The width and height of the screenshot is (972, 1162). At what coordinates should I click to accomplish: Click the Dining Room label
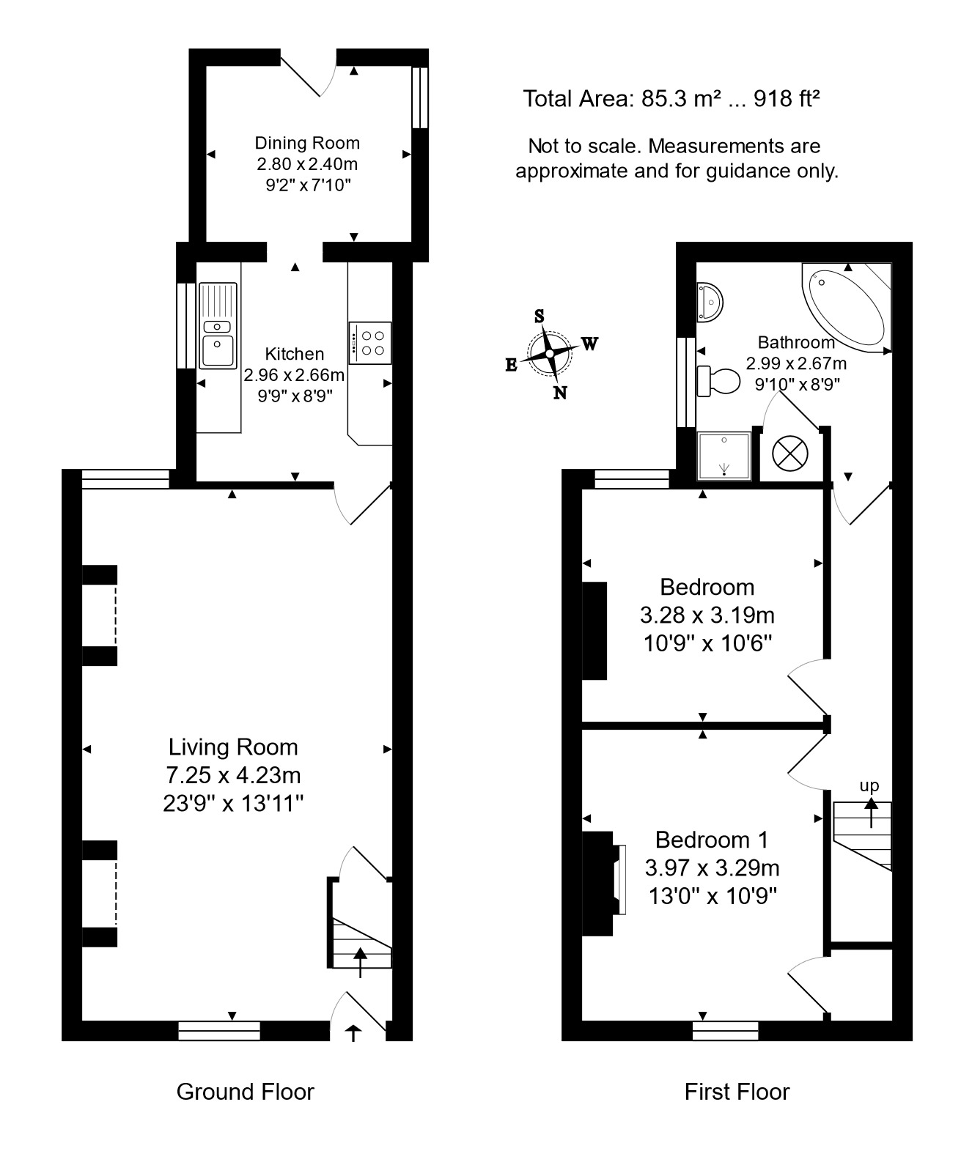[x=307, y=143]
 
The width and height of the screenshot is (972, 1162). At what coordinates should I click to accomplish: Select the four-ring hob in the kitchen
[x=371, y=343]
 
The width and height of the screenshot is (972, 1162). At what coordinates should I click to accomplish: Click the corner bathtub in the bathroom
[x=848, y=306]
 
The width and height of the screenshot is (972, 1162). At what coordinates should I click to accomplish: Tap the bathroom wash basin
[x=710, y=301]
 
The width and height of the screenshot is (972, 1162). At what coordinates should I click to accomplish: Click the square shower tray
[x=724, y=456]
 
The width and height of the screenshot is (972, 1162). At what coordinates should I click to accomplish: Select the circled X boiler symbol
[x=789, y=454]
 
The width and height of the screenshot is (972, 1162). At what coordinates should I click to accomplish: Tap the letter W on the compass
[x=590, y=344]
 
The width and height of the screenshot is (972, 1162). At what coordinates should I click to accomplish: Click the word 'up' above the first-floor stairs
[x=869, y=786]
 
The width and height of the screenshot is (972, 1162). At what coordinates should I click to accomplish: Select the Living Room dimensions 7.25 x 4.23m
[x=233, y=775]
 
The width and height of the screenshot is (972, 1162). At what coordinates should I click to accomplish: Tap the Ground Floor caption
[x=245, y=1092]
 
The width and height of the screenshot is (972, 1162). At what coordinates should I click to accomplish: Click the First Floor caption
[x=737, y=1092]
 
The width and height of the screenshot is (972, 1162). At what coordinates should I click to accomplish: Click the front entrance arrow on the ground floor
[x=353, y=1033]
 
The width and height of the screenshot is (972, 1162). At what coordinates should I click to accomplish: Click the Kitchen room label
[x=294, y=354]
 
